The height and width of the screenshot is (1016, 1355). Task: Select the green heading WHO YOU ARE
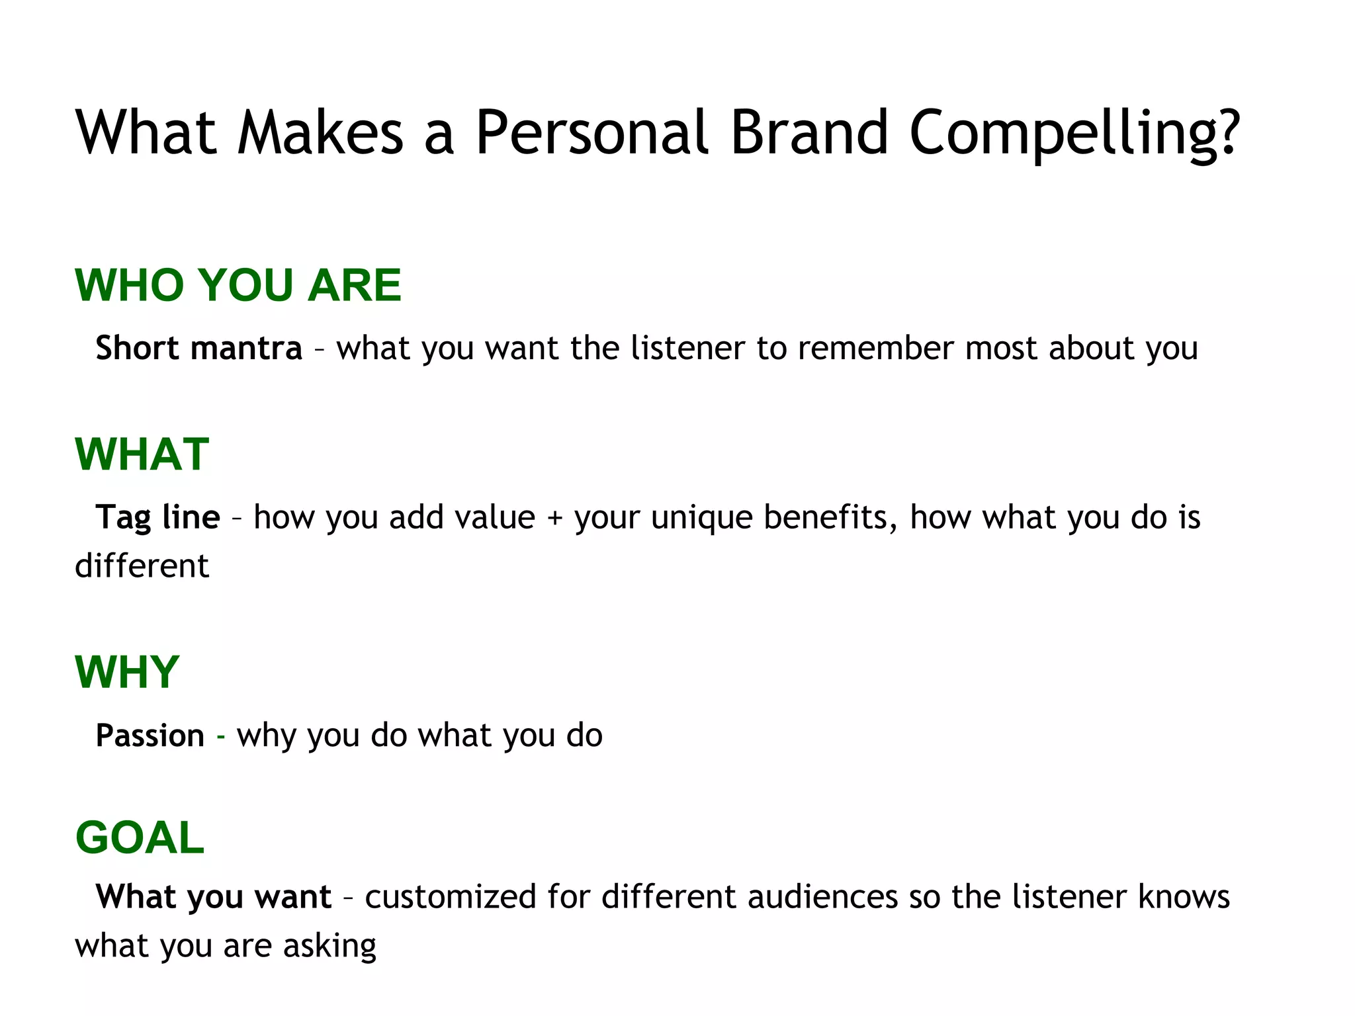click(238, 285)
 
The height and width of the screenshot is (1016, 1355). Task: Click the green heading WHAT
click(142, 454)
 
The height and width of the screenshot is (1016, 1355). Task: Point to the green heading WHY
click(127, 672)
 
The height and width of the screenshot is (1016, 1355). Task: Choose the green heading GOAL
click(140, 837)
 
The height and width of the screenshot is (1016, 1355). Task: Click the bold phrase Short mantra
click(198, 348)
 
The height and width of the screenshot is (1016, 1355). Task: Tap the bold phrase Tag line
click(157, 517)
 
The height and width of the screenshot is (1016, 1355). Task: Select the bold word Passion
click(150, 736)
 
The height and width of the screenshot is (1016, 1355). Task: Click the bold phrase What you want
click(213, 897)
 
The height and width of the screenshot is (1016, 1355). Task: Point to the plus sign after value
click(554, 518)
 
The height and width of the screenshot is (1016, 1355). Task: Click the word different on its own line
click(142, 566)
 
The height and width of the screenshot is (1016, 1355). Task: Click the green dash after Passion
click(221, 737)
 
